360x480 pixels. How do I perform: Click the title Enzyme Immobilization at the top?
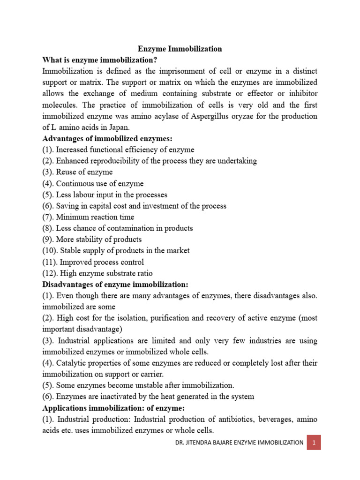click(x=180, y=49)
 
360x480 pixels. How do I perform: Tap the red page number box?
click(x=314, y=442)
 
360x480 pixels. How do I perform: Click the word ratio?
click(x=144, y=273)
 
